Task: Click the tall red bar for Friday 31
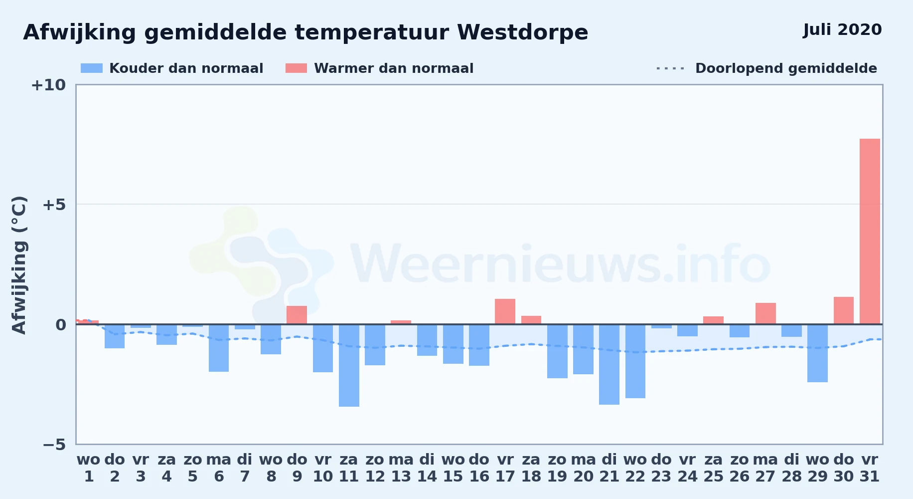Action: (870, 232)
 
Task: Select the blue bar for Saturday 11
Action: (349, 365)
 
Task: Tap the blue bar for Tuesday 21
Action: (609, 364)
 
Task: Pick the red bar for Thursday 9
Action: (297, 315)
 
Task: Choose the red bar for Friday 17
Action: (505, 311)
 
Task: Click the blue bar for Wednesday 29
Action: (817, 353)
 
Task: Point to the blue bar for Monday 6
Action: (219, 348)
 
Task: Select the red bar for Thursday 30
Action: (844, 310)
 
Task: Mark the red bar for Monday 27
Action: (765, 313)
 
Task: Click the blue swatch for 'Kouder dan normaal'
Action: (92, 68)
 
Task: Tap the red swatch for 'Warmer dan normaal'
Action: (296, 68)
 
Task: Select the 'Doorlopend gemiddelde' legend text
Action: (786, 68)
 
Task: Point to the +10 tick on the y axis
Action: (48, 85)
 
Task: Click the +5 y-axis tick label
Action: (54, 205)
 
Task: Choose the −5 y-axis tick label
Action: (54, 445)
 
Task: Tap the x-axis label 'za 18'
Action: (531, 468)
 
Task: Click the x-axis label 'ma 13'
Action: (401, 468)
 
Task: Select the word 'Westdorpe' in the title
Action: (522, 33)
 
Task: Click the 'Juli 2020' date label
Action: (842, 30)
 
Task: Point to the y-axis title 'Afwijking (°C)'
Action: (19, 265)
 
